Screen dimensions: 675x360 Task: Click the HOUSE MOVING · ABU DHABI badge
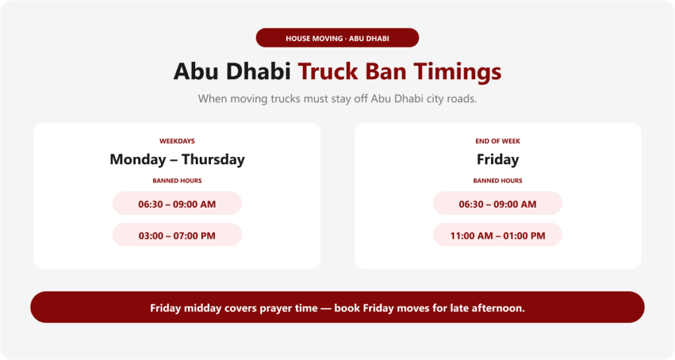point(337,38)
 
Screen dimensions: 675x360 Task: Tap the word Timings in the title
point(457,72)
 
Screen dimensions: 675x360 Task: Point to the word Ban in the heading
point(386,71)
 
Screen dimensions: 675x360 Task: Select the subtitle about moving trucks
point(337,99)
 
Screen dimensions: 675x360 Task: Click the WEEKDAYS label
point(177,141)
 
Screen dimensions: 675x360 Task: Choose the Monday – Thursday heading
point(177,160)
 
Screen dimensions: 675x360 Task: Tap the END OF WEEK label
point(498,141)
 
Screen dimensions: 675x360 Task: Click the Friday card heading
point(498,160)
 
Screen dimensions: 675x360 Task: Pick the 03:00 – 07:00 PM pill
point(177,235)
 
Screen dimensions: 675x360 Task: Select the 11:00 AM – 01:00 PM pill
point(498,235)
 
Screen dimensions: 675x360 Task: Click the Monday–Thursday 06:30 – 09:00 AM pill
point(177,203)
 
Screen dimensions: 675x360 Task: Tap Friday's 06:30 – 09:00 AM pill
point(498,203)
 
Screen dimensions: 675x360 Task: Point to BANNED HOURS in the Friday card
point(498,181)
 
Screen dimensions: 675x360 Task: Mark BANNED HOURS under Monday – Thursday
point(177,181)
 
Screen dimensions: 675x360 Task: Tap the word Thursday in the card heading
point(213,160)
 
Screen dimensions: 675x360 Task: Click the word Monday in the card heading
point(138,160)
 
